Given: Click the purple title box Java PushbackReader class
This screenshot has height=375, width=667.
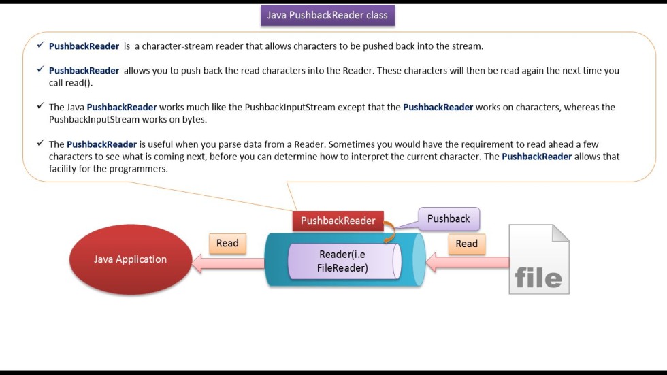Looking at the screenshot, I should [327, 15].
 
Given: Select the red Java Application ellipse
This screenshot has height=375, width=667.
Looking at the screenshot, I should [130, 259].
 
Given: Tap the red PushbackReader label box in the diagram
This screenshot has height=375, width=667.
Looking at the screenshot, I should [338, 221].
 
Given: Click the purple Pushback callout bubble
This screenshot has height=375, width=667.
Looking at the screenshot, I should [449, 218].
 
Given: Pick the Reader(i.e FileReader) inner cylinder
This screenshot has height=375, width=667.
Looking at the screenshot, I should [342, 261].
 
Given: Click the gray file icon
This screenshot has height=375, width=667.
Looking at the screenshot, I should [538, 260].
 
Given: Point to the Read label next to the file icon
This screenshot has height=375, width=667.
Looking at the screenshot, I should [466, 244].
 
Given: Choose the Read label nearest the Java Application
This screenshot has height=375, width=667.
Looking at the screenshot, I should [227, 244].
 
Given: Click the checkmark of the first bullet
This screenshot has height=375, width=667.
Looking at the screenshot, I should [40, 46].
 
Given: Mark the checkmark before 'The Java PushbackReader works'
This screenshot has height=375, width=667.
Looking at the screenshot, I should [40, 107].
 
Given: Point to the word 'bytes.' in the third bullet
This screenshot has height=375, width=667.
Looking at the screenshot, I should [193, 119].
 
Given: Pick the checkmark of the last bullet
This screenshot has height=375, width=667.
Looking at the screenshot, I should [40, 144].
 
